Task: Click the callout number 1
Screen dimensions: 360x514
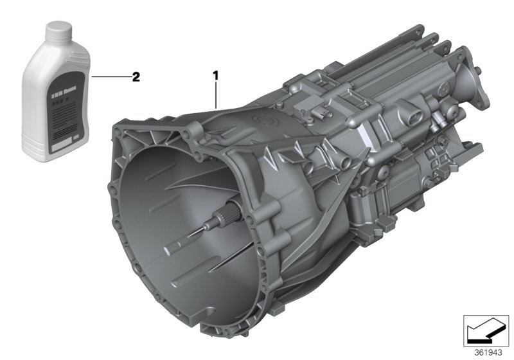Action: (x=216, y=76)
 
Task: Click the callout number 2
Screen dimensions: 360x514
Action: (x=135, y=77)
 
